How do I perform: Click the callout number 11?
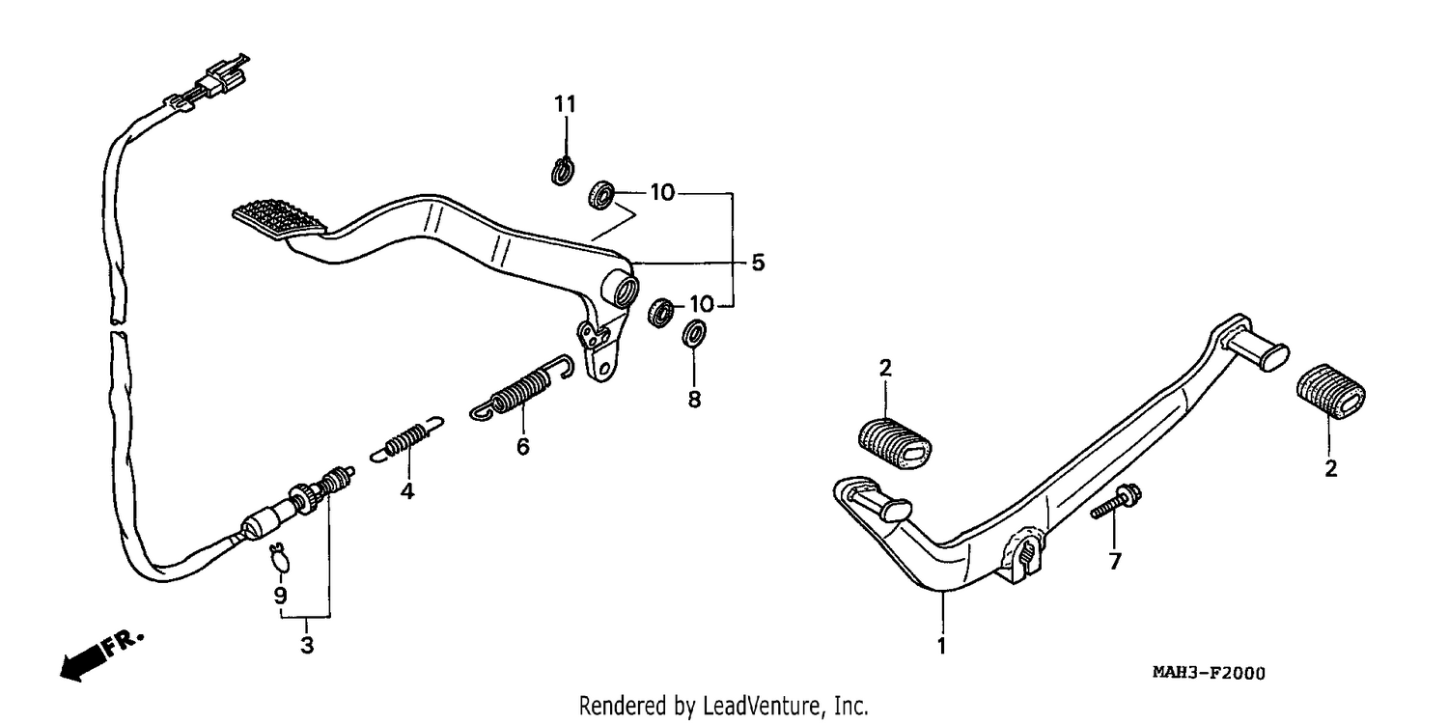[x=565, y=104]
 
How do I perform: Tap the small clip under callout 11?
[x=563, y=171]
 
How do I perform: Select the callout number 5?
[x=758, y=264]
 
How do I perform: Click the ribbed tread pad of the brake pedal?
[x=279, y=218]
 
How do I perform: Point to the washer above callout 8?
[x=694, y=332]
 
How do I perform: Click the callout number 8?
[x=694, y=400]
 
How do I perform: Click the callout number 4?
[x=406, y=491]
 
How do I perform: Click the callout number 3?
[x=307, y=645]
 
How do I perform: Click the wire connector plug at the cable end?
[x=223, y=76]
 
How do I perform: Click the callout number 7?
[x=1115, y=562]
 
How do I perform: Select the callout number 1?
[x=942, y=645]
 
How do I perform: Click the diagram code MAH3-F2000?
[x=1209, y=673]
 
